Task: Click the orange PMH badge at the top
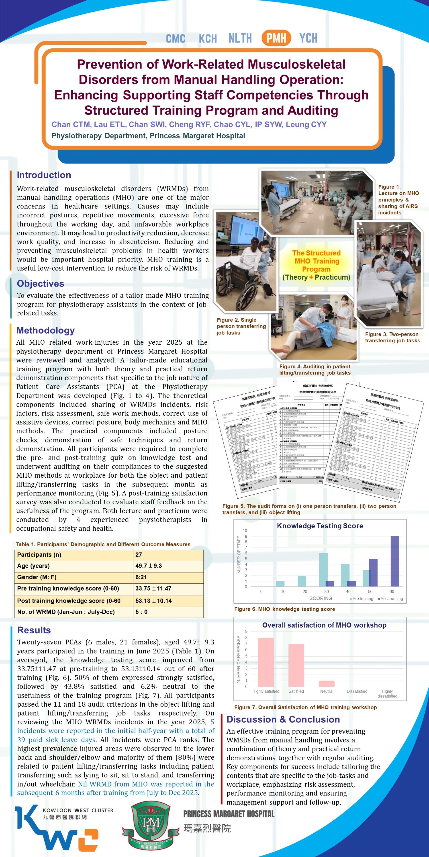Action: coord(276,38)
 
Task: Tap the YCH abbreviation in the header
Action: coord(308,38)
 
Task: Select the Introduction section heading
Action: coord(44,175)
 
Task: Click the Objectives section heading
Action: coord(40,283)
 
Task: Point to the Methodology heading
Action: coord(45,330)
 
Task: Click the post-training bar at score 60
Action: coord(395,561)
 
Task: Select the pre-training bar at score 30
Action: coord(323,570)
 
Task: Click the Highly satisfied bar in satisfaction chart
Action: coord(266,662)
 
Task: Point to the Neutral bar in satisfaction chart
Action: coord(326,683)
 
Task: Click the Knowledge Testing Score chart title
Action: coord(320,526)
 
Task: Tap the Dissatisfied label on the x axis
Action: coord(357,691)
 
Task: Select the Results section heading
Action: coord(34,630)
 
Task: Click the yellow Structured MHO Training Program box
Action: coord(316,265)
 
